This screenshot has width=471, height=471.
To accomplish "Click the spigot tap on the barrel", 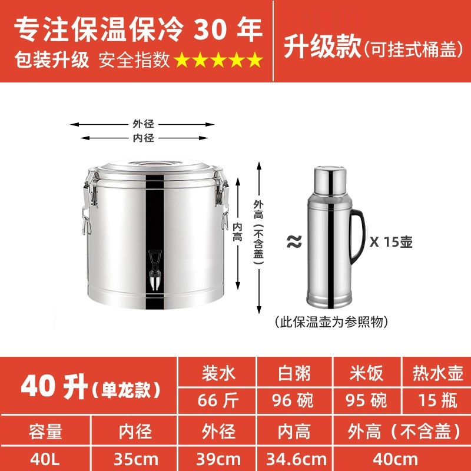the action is pyautogui.click(x=155, y=270).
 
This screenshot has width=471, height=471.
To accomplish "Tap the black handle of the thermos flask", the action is pyautogui.click(x=359, y=235).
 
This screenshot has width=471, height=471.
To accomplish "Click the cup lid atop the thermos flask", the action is pyautogui.click(x=330, y=181).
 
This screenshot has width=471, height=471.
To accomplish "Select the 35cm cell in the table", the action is pyautogui.click(x=136, y=459).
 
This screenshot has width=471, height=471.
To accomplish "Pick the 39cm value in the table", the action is pyautogui.click(x=218, y=459).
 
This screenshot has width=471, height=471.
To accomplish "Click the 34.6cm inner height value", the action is pyautogui.click(x=296, y=459).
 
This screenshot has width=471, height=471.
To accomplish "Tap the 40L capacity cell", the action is pyautogui.click(x=45, y=459).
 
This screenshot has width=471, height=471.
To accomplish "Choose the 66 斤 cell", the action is pyautogui.click(x=218, y=400).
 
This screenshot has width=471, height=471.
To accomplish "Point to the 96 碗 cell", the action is pyautogui.click(x=293, y=400).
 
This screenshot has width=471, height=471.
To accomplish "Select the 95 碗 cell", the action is pyautogui.click(x=366, y=400).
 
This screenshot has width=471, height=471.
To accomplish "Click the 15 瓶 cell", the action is pyautogui.click(x=437, y=400).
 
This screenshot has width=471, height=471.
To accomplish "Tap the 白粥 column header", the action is pyautogui.click(x=294, y=373).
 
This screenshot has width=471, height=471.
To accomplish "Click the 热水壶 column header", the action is pyautogui.click(x=437, y=373).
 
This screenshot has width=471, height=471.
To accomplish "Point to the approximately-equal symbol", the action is pyautogui.click(x=294, y=241).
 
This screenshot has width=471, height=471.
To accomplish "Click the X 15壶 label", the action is pyautogui.click(x=391, y=241).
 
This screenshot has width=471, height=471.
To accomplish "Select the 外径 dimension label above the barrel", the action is pyautogui.click(x=143, y=124).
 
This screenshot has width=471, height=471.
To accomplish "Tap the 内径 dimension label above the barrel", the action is pyautogui.click(x=143, y=138).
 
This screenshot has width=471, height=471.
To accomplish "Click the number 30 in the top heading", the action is pyautogui.click(x=210, y=29).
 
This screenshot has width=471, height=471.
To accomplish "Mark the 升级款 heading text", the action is pyautogui.click(x=322, y=46).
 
